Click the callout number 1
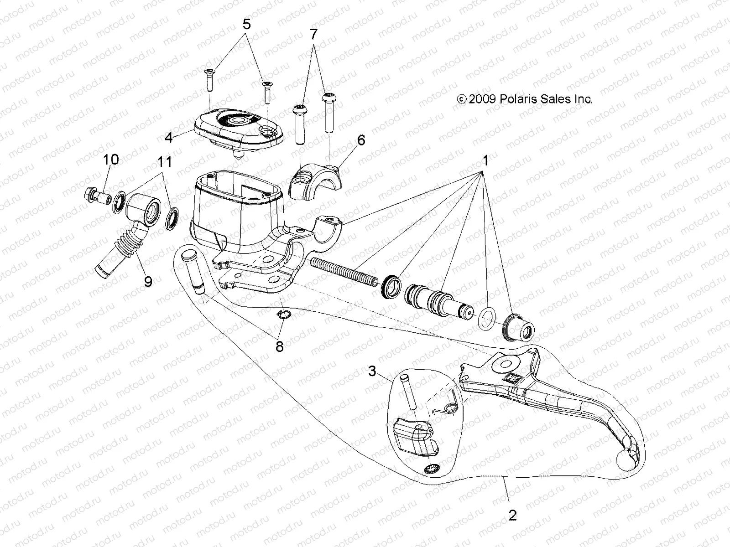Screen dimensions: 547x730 (486, 161)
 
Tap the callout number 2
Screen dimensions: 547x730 (512, 516)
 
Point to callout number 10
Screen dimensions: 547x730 (111, 160)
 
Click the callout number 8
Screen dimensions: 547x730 (279, 347)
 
